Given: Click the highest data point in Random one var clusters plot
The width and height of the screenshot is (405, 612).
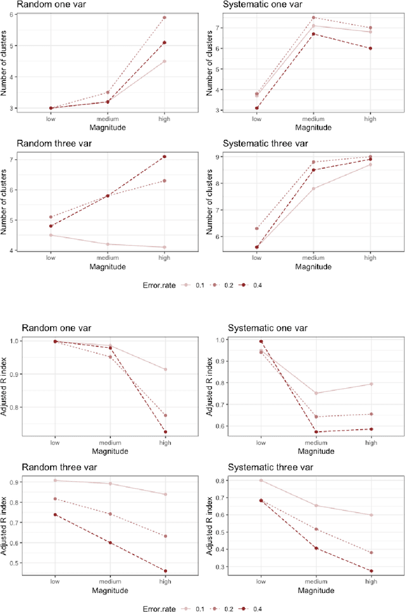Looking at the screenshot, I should (x=165, y=18).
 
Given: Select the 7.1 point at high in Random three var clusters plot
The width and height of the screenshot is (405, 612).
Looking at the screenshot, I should (x=165, y=156).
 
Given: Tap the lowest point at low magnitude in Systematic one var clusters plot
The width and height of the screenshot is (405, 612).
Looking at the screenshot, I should (x=256, y=108).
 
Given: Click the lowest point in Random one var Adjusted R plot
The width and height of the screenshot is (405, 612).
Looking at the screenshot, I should (x=165, y=432).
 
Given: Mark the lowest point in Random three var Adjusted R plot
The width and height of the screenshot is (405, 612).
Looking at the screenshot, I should (x=165, y=572).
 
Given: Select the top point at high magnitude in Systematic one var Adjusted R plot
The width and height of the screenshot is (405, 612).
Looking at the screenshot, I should (x=370, y=384).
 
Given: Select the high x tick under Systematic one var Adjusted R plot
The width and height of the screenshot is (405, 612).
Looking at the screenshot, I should (x=370, y=443).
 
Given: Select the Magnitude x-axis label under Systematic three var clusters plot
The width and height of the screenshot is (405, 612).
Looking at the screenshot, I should (x=313, y=267).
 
